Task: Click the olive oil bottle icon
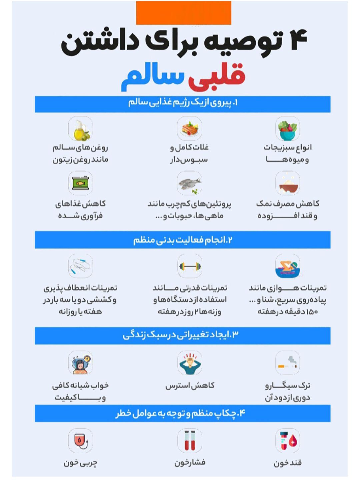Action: click(81, 129)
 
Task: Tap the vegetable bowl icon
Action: click(287, 129)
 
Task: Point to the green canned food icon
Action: click(81, 183)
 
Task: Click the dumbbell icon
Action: click(190, 266)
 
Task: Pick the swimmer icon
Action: click(287, 267)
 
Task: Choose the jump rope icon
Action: click(80, 266)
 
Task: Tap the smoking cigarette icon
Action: click(287, 363)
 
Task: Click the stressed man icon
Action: click(190, 363)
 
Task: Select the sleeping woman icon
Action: click(80, 363)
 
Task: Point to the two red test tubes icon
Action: click(190, 440)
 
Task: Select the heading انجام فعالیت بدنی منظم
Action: click(183, 240)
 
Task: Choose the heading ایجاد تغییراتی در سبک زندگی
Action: click(181, 335)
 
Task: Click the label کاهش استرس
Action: click(190, 386)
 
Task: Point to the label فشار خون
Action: click(190, 463)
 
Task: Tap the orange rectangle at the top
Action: click(183, 13)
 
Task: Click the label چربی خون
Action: click(80, 463)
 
